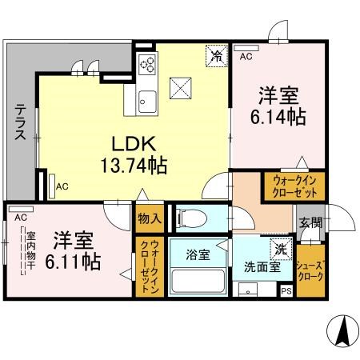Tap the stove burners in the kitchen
(147, 64)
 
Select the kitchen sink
(146, 102)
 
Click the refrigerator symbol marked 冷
(216, 55)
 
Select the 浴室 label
(198, 255)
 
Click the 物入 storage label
(149, 218)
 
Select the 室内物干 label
(30, 253)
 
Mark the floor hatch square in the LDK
(182, 86)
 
